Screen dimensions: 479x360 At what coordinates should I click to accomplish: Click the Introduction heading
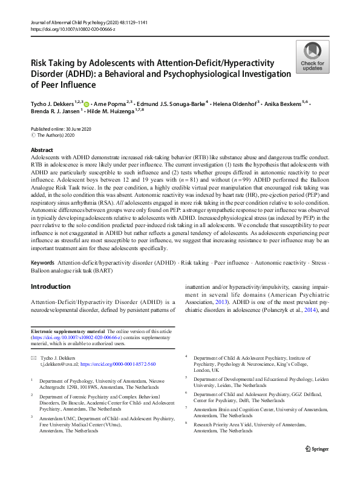[x=50, y=286]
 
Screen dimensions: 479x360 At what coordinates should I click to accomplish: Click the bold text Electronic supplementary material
[x=67, y=332]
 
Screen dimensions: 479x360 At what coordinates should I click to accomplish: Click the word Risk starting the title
[x=41, y=63]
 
